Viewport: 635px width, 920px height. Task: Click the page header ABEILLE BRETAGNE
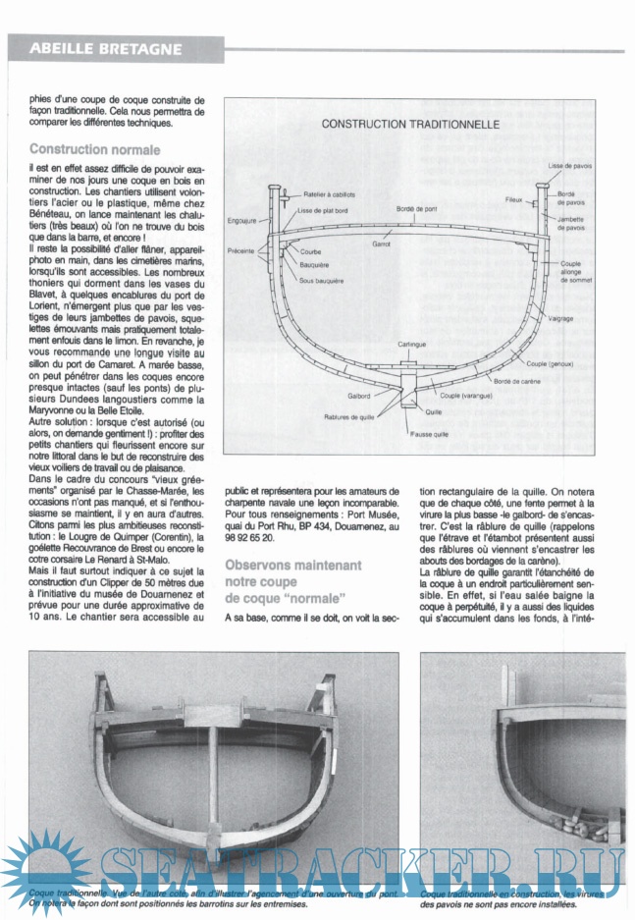pyautogui.click(x=105, y=48)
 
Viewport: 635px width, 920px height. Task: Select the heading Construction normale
pyautogui.click(x=94, y=150)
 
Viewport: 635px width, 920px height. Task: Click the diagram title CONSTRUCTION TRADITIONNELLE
pyautogui.click(x=411, y=125)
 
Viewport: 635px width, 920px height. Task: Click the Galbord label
pyautogui.click(x=358, y=396)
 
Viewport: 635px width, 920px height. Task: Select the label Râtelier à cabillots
pyautogui.click(x=330, y=194)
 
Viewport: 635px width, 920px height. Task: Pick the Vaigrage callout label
pyautogui.click(x=561, y=318)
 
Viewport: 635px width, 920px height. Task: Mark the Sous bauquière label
pyautogui.click(x=320, y=281)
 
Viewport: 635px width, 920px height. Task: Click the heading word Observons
pyautogui.click(x=264, y=565)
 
